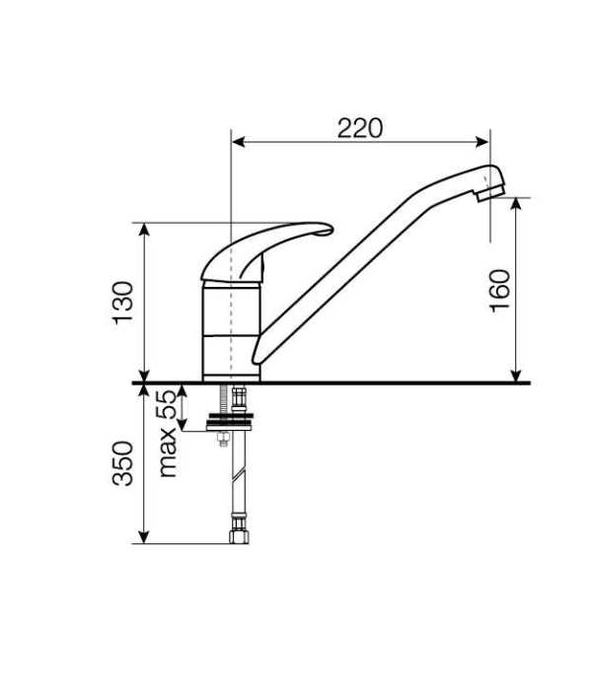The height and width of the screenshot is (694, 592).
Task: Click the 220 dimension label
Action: (x=359, y=128)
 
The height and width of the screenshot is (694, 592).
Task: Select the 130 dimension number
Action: (x=122, y=303)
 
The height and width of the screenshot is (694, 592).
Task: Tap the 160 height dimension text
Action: (x=500, y=291)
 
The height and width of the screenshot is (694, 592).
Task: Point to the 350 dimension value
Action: (x=122, y=463)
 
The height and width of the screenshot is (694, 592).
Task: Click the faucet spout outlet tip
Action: (x=490, y=195)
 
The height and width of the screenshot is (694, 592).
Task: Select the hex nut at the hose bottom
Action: (x=239, y=536)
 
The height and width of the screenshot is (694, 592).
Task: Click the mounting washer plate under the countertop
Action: (x=230, y=422)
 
